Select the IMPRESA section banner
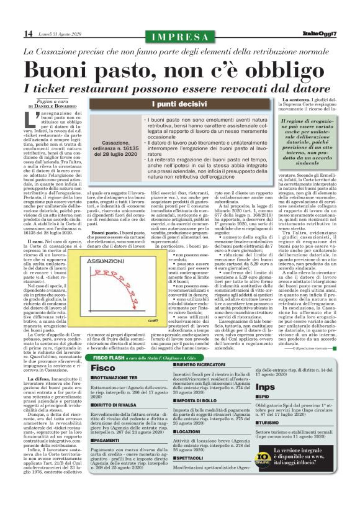[x=179, y=34]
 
